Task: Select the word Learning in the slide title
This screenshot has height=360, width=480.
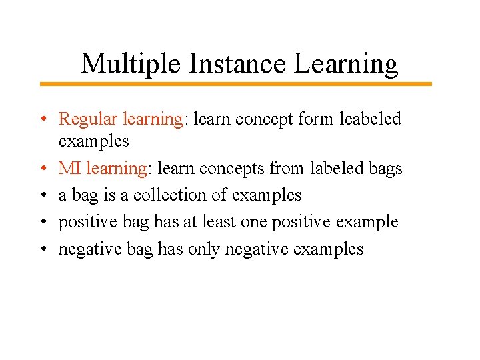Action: click(x=347, y=64)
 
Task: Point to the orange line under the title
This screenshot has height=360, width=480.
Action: click(x=235, y=84)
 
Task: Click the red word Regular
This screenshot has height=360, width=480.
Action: click(x=87, y=119)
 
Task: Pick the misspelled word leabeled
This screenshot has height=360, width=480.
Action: click(x=371, y=119)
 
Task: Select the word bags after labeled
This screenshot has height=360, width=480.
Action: click(x=385, y=169)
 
